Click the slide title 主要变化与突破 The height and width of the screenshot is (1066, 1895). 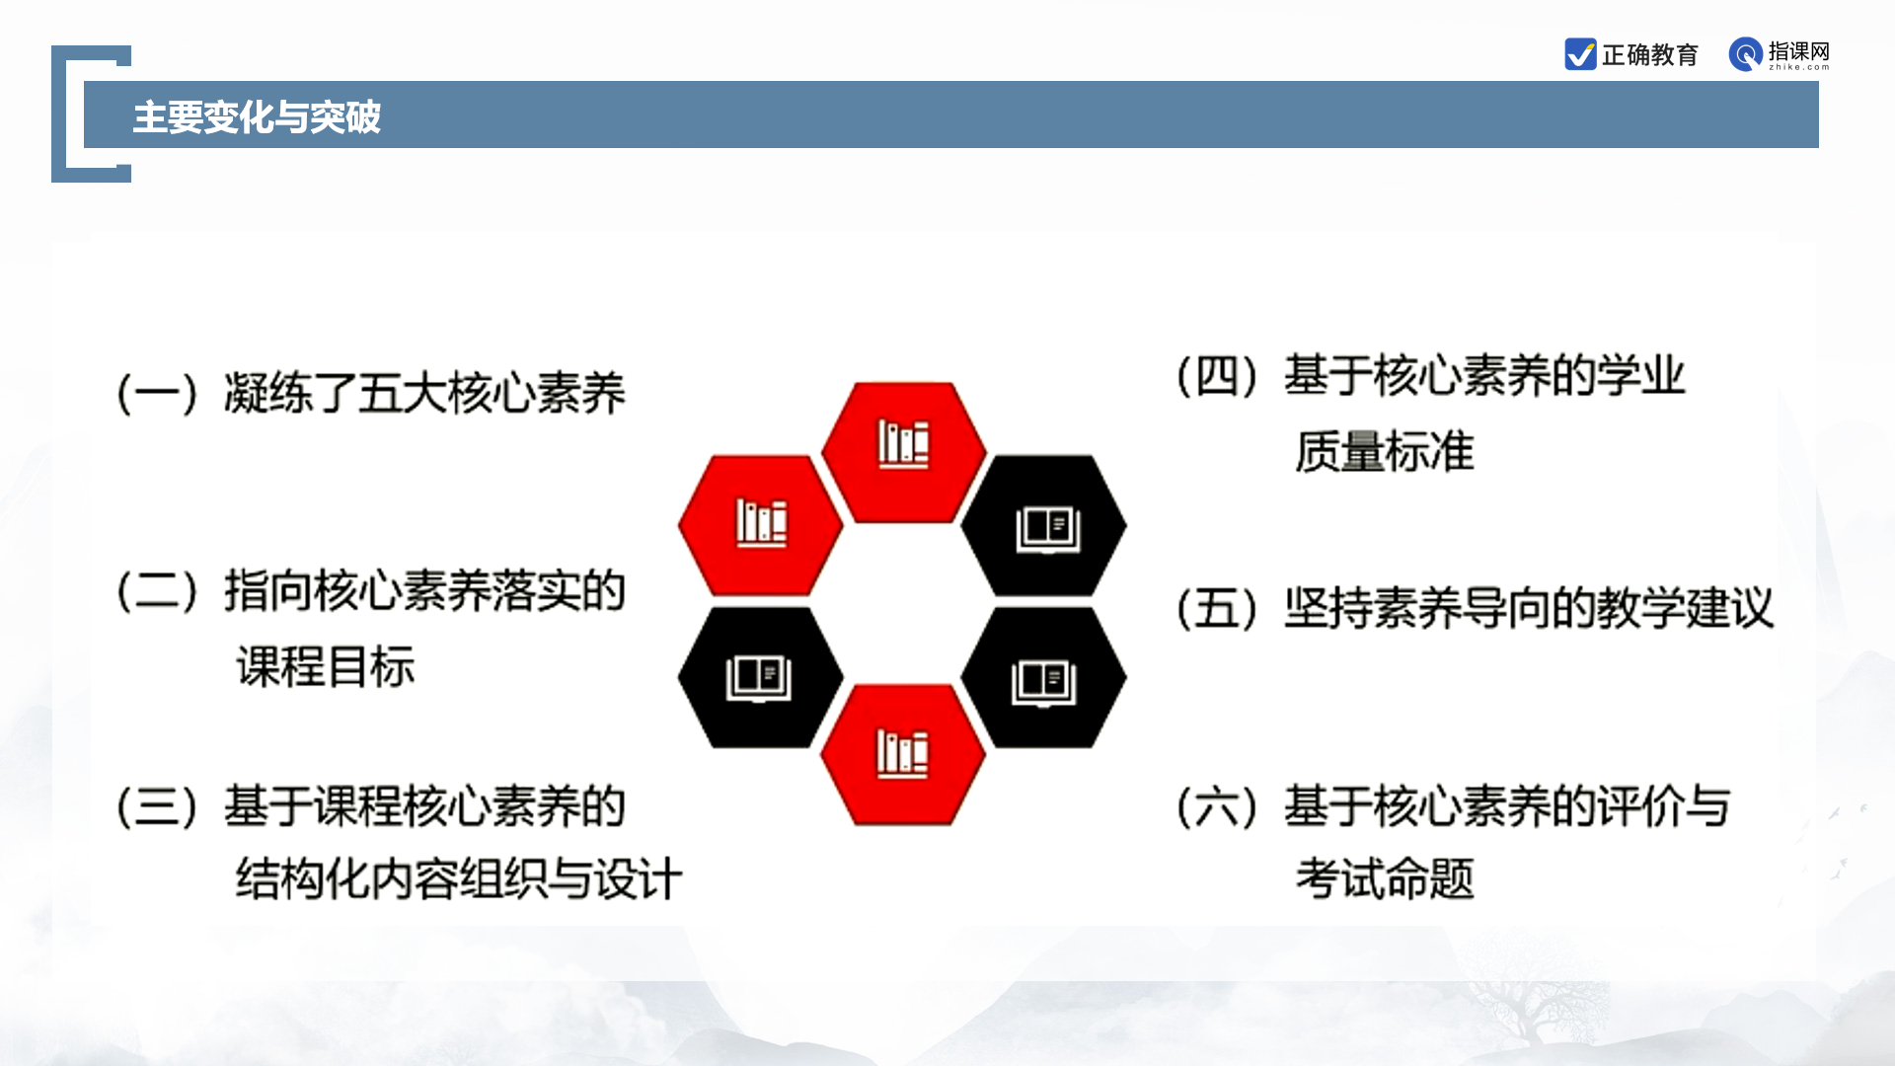[257, 116]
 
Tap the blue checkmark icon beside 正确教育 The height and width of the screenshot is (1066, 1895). [1580, 54]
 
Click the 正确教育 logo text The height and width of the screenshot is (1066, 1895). [1650, 55]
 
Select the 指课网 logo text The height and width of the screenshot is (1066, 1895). [1798, 51]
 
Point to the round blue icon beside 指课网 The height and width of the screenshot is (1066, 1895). [1746, 54]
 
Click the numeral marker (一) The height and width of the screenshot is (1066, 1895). [158, 394]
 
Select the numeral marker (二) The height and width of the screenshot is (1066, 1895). [158, 591]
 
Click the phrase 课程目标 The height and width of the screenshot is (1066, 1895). [326, 666]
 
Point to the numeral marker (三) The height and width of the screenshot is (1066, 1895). [158, 806]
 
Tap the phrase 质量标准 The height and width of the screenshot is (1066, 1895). [1385, 452]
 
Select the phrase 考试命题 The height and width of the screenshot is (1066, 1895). [1385, 878]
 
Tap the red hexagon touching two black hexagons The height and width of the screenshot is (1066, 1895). [903, 754]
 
